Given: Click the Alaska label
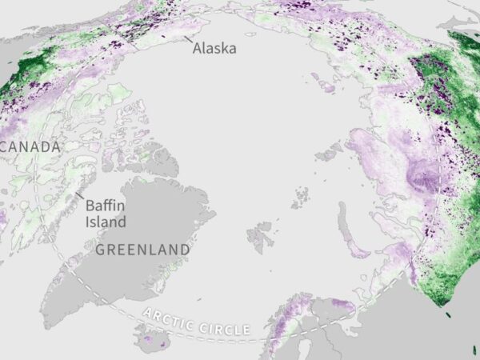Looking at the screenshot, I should pyautogui.click(x=214, y=47).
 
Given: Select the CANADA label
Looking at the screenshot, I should pyautogui.click(x=30, y=147).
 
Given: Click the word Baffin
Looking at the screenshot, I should pyautogui.click(x=104, y=205).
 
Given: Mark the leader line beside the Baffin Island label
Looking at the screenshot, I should pyautogui.click(x=80, y=194).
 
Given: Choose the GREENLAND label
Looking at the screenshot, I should pyautogui.click(x=142, y=250).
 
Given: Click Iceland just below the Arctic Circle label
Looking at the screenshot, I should pyautogui.click(x=157, y=341).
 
